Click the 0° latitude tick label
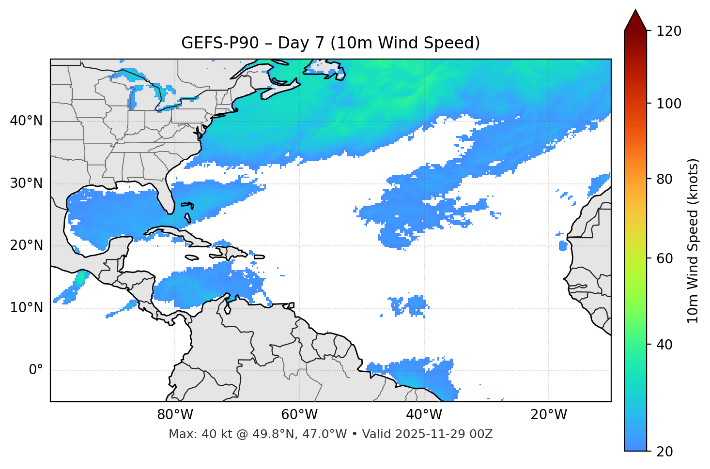36,370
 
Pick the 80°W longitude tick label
175,415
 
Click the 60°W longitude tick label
299,415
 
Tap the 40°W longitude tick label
424,415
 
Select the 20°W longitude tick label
548,415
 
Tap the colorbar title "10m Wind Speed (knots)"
693,241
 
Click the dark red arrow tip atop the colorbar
635,19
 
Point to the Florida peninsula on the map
167,196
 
